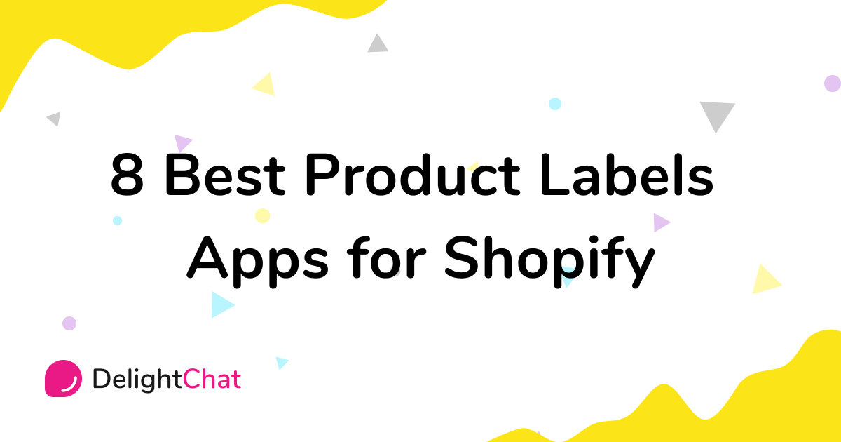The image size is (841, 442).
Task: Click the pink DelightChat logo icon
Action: [63, 379]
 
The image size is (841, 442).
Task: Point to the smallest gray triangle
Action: [54, 119]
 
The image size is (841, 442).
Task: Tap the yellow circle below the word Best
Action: [262, 215]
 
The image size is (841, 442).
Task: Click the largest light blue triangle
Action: [221, 304]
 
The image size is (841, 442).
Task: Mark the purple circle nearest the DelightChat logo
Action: [69, 323]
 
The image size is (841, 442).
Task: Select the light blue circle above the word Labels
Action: [555, 104]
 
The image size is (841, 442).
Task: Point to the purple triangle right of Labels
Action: [660, 222]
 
